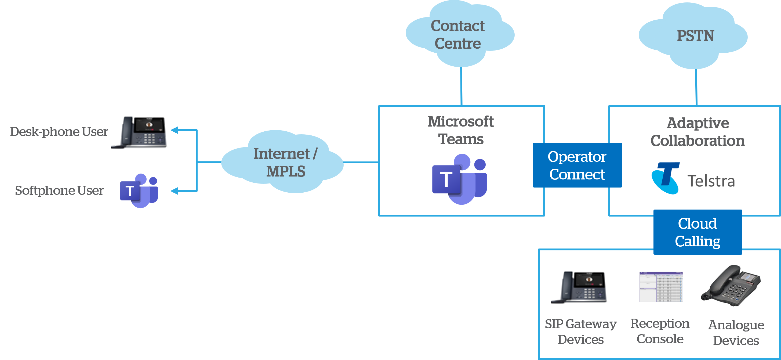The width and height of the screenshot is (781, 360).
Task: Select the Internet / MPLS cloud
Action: pos(284,162)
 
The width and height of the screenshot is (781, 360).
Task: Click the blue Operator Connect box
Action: pos(577,165)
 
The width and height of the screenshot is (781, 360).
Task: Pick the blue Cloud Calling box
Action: pos(697,232)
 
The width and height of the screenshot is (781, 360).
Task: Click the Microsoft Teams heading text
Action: pos(461,130)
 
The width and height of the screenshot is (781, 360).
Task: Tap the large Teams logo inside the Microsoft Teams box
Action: pos(460,179)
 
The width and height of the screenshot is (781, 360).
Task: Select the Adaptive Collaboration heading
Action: pos(697,132)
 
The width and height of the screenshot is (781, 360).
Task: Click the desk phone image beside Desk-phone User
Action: pos(141,132)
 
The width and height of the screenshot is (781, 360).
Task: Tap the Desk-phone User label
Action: pos(59,132)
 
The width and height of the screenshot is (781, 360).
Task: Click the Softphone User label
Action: pos(59,190)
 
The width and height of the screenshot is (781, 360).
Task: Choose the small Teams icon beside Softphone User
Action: pos(139,190)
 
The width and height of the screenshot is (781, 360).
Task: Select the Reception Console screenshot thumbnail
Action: pos(661,287)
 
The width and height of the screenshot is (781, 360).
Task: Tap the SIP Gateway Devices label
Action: pos(581,332)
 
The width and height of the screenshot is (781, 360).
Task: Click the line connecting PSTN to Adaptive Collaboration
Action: pos(696,87)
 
